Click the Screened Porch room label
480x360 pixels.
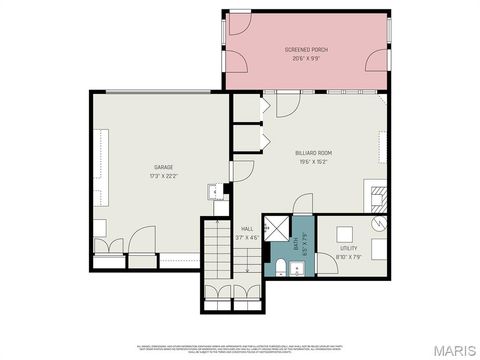[x=306, y=49]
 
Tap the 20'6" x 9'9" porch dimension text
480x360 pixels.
[x=306, y=58]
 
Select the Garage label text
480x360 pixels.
[x=164, y=167]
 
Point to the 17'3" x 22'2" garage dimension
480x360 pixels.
[x=164, y=176]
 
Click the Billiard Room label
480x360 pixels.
[x=314, y=153]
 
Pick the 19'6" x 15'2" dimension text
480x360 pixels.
[x=314, y=162]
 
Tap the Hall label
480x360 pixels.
[x=246, y=229]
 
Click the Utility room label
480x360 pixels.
[x=348, y=247]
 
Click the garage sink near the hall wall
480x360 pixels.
[x=213, y=193]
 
